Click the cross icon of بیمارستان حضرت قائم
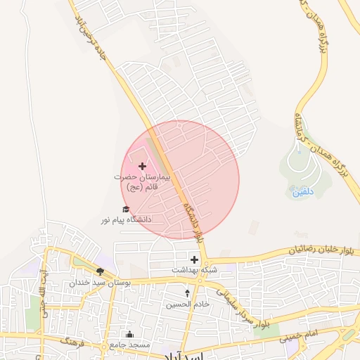(x=143, y=167)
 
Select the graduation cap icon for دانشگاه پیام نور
(x=127, y=209)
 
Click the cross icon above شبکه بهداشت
(x=194, y=259)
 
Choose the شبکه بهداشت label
(x=195, y=270)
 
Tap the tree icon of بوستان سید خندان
(x=101, y=271)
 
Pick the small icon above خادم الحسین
(x=187, y=292)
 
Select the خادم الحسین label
(x=187, y=304)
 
